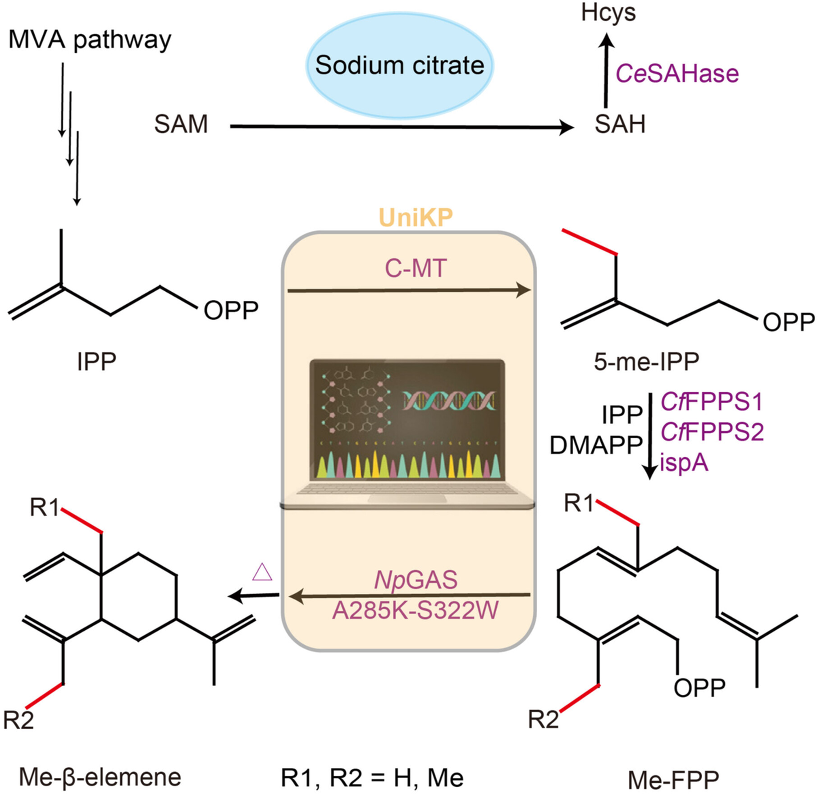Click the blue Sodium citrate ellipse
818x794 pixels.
tap(400, 66)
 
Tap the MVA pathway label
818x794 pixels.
tap(90, 40)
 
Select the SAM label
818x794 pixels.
tap(181, 124)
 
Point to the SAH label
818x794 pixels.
tap(620, 124)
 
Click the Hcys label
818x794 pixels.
tap(608, 13)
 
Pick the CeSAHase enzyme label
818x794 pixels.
tap(677, 73)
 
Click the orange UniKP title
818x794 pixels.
tap(415, 218)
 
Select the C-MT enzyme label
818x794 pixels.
tap(415, 268)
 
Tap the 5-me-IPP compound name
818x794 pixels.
tap(646, 361)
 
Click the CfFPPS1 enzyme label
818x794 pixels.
tap(711, 402)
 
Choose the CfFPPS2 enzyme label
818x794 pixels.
tap(712, 432)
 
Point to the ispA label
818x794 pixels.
tap(684, 463)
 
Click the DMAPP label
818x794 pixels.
tap(596, 445)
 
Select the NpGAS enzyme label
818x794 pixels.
tap(416, 580)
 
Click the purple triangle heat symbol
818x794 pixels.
tap(262, 572)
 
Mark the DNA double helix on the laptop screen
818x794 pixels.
tap(449, 400)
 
